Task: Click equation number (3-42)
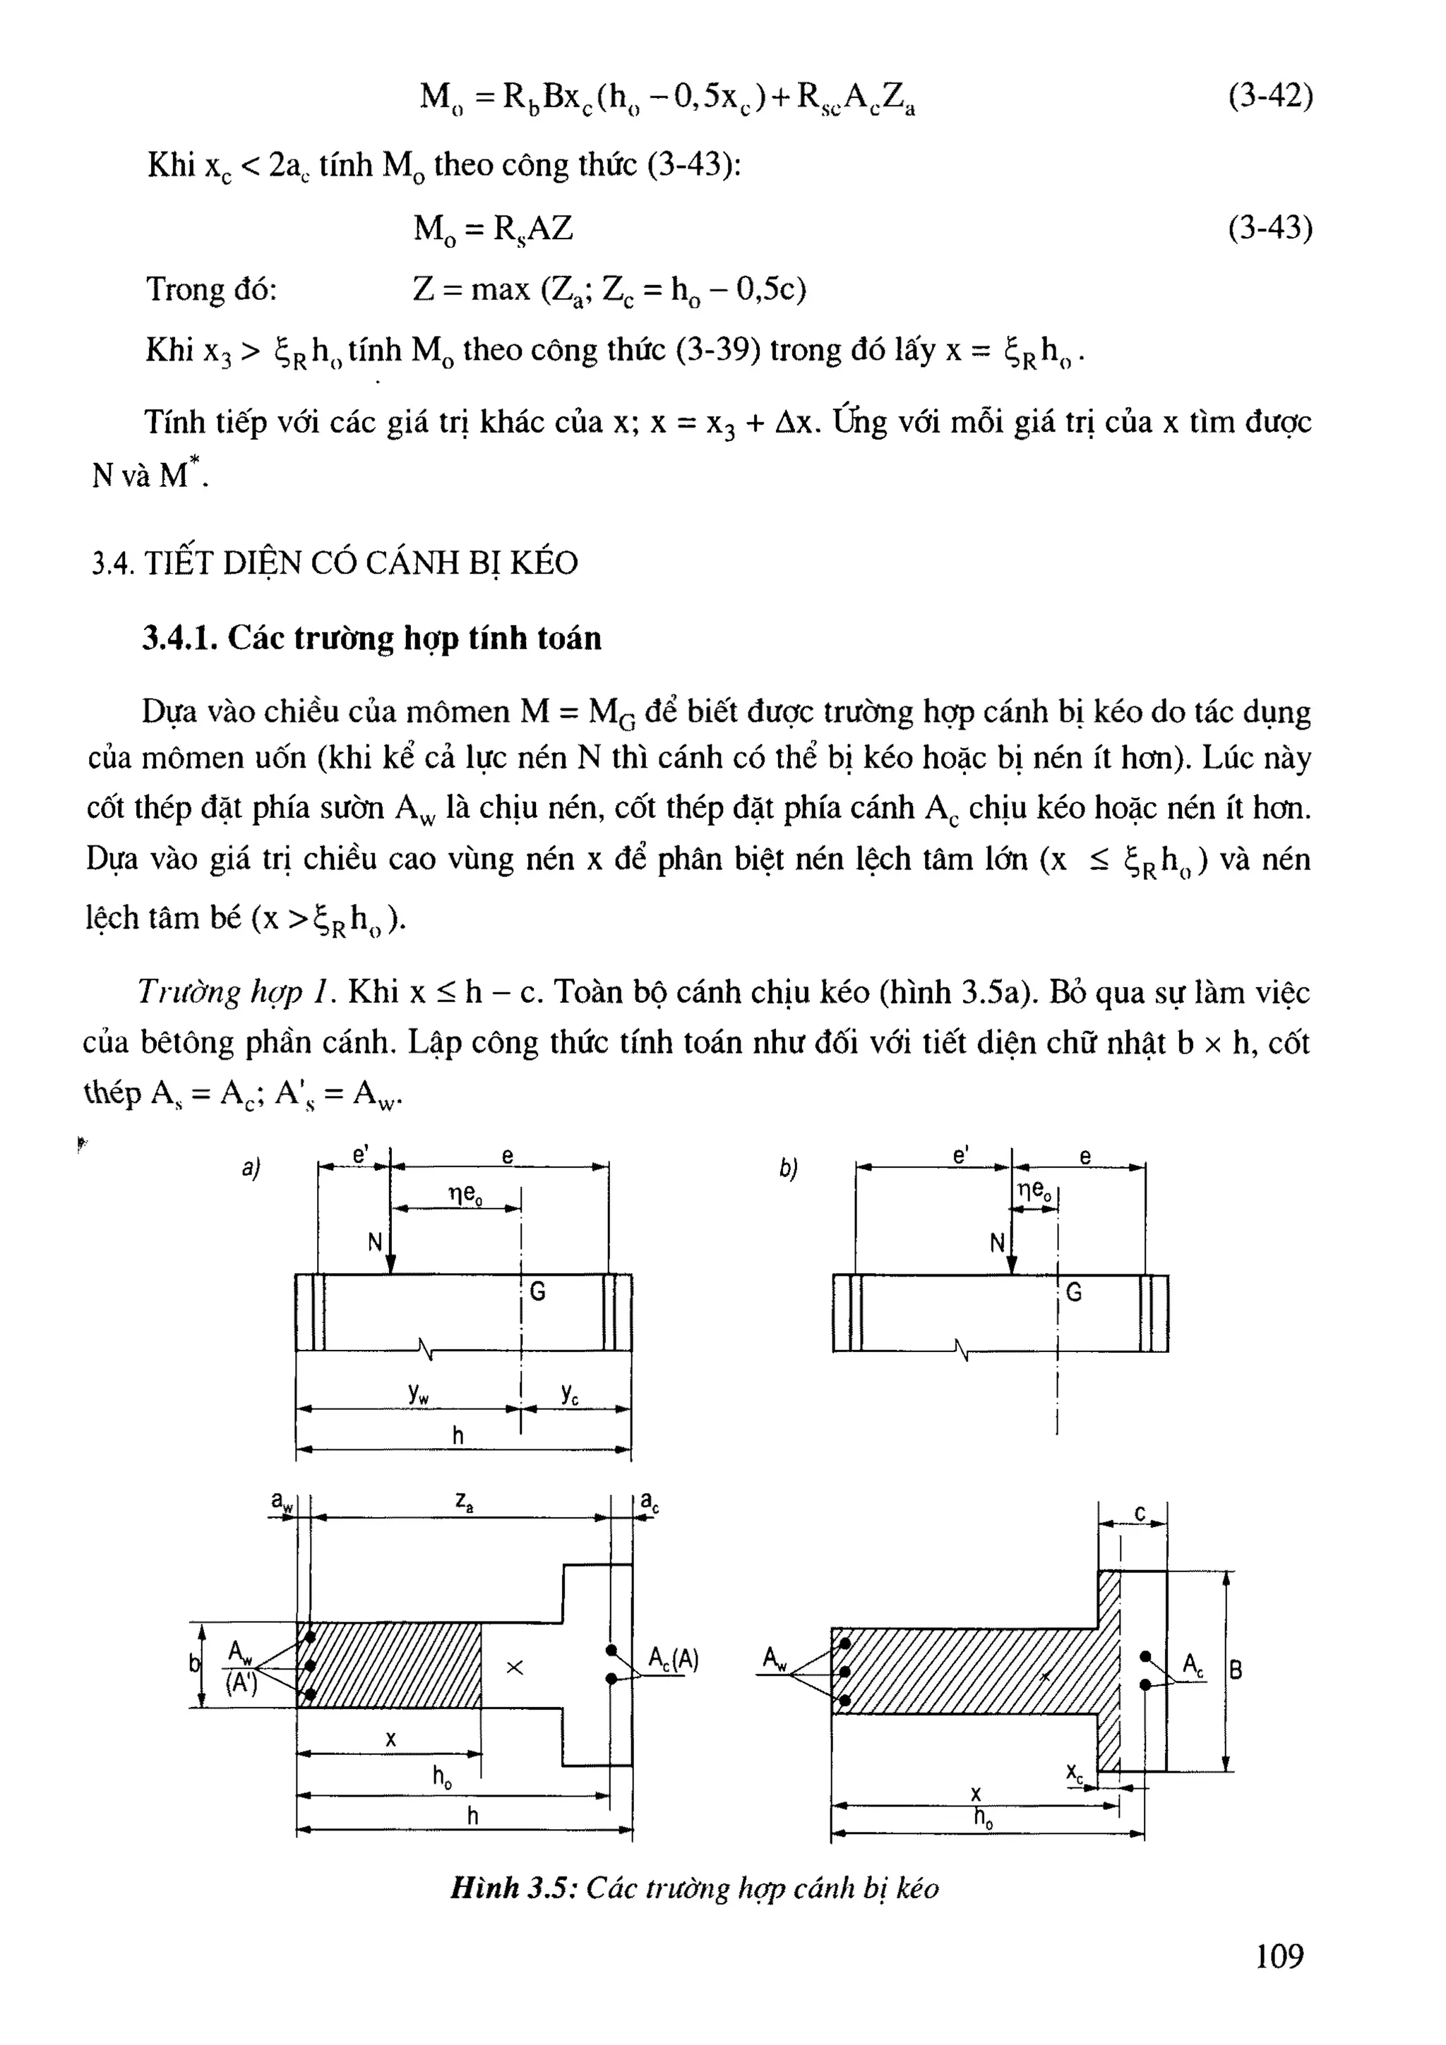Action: point(1269,96)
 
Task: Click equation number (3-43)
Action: point(1269,229)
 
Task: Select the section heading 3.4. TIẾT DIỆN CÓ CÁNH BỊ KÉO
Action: point(335,563)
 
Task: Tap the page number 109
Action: point(1279,1955)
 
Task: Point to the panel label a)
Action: point(251,1168)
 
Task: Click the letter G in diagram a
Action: point(537,1291)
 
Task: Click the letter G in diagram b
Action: point(1074,1291)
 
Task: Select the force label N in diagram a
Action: point(375,1243)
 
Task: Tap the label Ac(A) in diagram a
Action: point(673,1659)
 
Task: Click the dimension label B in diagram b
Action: point(1236,1670)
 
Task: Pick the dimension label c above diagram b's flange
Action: point(1140,1513)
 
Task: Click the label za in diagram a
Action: point(464,1502)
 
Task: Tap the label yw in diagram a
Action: point(419,1394)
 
